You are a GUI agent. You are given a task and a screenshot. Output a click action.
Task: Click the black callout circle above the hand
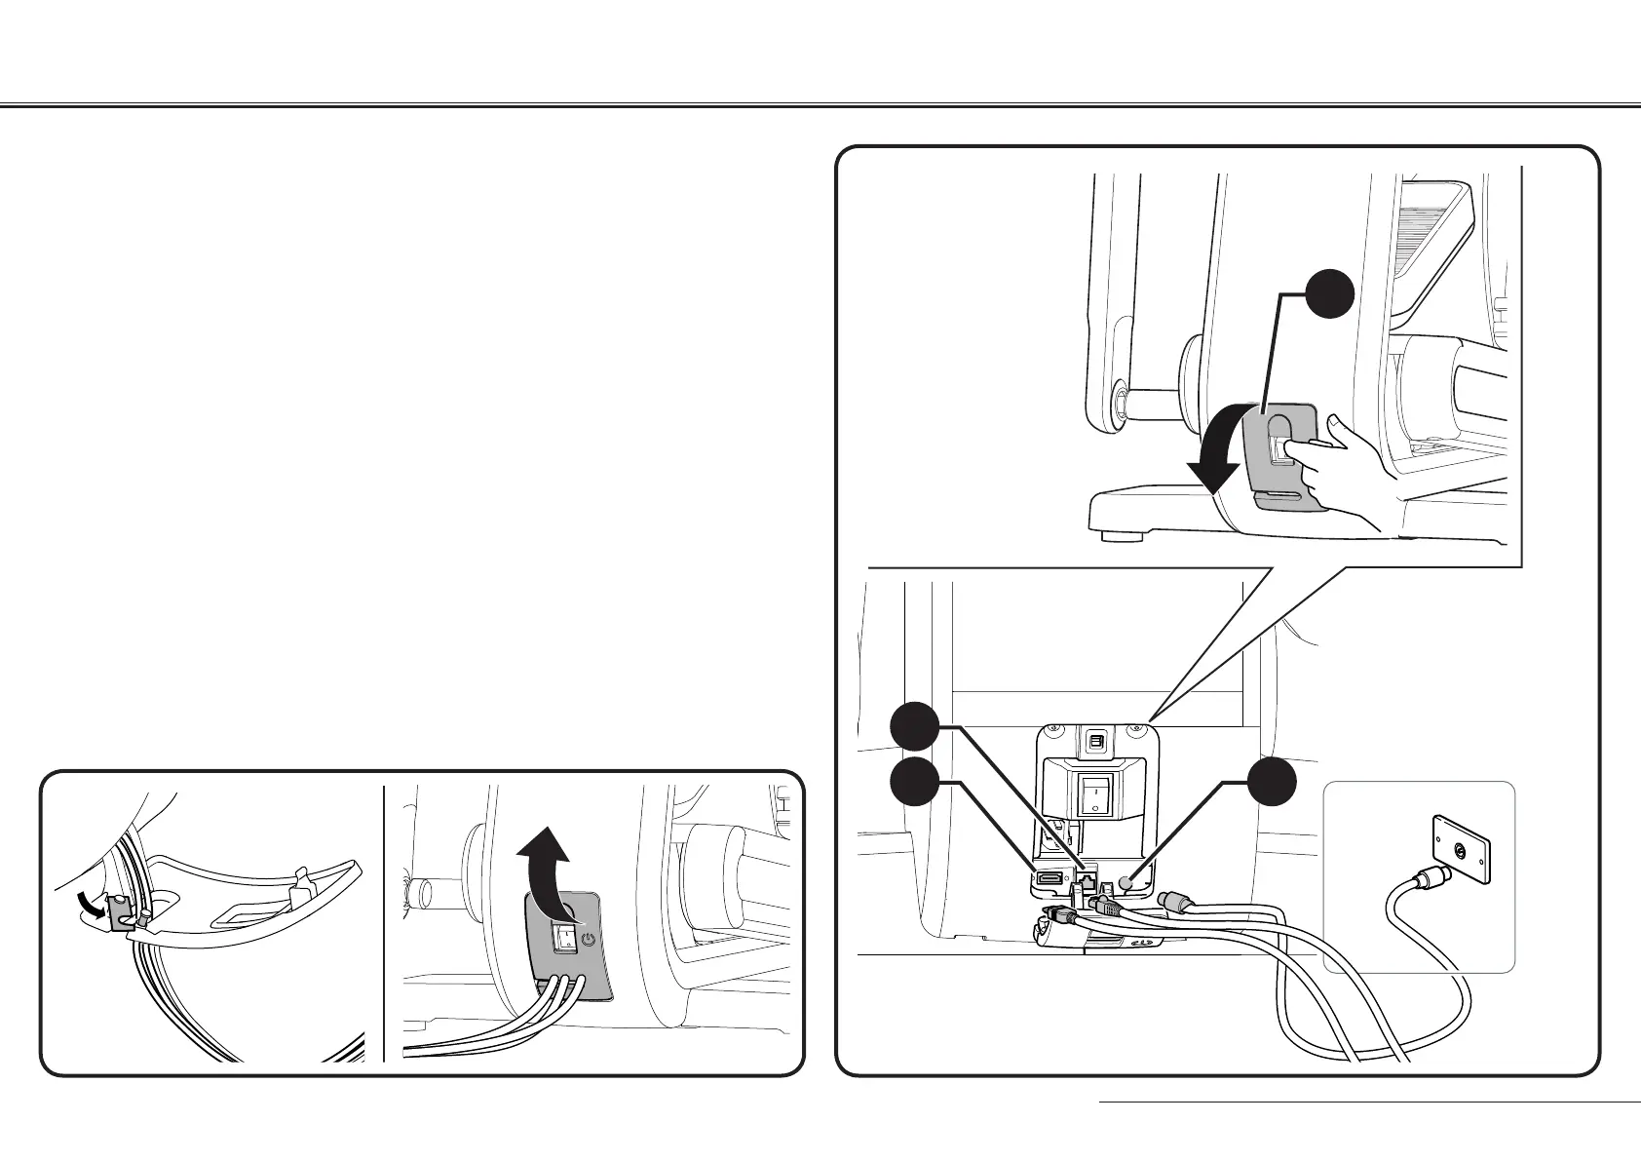coord(1330,293)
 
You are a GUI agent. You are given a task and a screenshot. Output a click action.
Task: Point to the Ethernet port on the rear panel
coord(1083,880)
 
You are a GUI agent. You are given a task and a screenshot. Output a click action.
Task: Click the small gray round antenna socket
coord(1127,883)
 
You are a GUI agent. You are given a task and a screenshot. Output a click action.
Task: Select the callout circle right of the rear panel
coord(1274,783)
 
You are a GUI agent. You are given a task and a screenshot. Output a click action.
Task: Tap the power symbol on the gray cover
coord(587,941)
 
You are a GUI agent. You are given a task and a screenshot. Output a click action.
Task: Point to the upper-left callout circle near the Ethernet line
coord(916,728)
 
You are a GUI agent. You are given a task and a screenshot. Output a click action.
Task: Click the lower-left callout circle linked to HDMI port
coord(916,783)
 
